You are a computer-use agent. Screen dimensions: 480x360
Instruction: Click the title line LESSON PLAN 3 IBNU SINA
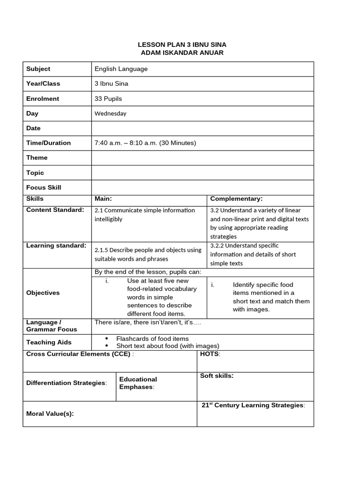(x=182, y=45)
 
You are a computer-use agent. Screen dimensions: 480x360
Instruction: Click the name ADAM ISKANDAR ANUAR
(x=182, y=53)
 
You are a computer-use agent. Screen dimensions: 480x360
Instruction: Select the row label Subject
(x=38, y=69)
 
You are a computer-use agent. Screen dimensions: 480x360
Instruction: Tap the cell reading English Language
(x=121, y=69)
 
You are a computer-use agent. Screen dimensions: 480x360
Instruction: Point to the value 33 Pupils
(x=108, y=99)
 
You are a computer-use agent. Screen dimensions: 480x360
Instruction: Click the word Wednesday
(x=110, y=113)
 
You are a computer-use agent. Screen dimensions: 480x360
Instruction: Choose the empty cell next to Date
(x=202, y=128)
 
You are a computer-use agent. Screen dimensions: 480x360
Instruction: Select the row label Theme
(x=37, y=158)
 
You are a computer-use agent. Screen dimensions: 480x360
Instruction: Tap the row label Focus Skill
(x=44, y=187)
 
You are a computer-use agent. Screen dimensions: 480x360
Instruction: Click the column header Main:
(x=103, y=199)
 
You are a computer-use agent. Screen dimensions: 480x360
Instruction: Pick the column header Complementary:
(x=236, y=199)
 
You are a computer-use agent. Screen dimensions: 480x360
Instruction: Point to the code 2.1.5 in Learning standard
(x=102, y=250)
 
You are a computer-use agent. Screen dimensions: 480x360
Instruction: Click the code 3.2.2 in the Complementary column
(x=218, y=246)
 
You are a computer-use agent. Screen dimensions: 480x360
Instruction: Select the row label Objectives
(x=43, y=293)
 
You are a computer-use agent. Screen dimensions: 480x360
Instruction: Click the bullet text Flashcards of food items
(x=152, y=338)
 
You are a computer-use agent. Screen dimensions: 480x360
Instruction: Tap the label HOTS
(x=209, y=354)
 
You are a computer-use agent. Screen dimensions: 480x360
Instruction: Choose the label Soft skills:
(x=217, y=376)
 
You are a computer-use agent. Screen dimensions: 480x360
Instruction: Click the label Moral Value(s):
(x=50, y=413)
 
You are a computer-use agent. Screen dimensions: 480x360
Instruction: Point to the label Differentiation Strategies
(x=66, y=383)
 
